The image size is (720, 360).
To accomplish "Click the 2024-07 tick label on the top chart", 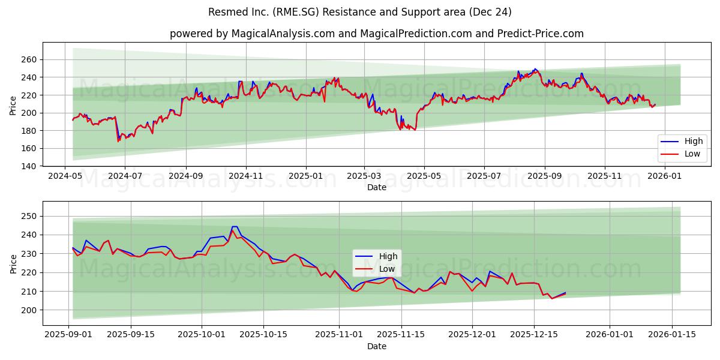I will click(125, 176).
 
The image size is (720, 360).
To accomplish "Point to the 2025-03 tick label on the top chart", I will click(364, 176).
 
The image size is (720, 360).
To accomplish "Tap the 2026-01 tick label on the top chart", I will click(665, 176).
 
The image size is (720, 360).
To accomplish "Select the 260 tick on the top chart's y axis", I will click(29, 59).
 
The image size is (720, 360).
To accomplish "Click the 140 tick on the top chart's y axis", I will click(29, 166).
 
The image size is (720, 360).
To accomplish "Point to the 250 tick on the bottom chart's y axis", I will click(29, 216).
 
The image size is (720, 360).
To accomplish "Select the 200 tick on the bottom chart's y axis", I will click(29, 310).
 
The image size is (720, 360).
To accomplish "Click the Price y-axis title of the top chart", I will click(13, 106).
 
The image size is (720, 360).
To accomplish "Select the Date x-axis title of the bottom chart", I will click(377, 346).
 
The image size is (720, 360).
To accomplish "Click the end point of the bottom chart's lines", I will click(565, 293).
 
